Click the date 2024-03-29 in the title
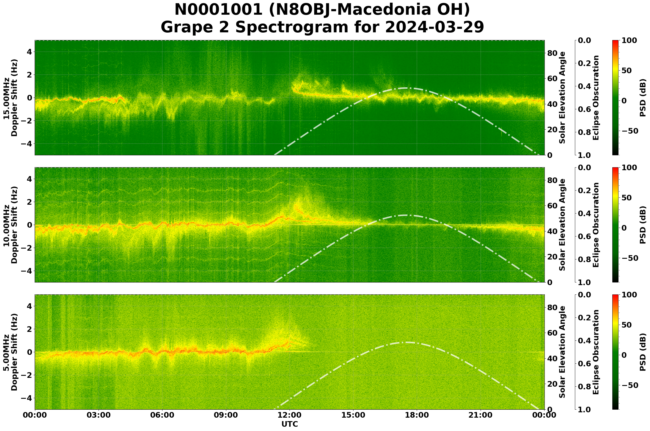434,27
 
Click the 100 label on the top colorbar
629,40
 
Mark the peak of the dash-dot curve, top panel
407,88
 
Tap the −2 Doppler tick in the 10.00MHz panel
27,248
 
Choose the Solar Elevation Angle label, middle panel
562,225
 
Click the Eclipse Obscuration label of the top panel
595,98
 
